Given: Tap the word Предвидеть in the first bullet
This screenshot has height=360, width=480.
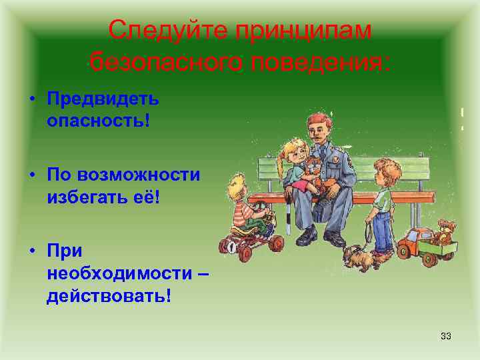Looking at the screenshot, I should tap(103, 99).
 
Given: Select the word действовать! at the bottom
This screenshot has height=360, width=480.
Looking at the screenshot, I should tap(109, 295).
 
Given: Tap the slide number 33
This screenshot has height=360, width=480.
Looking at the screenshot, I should tap(446, 335).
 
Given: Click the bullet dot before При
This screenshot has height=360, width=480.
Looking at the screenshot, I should tap(31, 251).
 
